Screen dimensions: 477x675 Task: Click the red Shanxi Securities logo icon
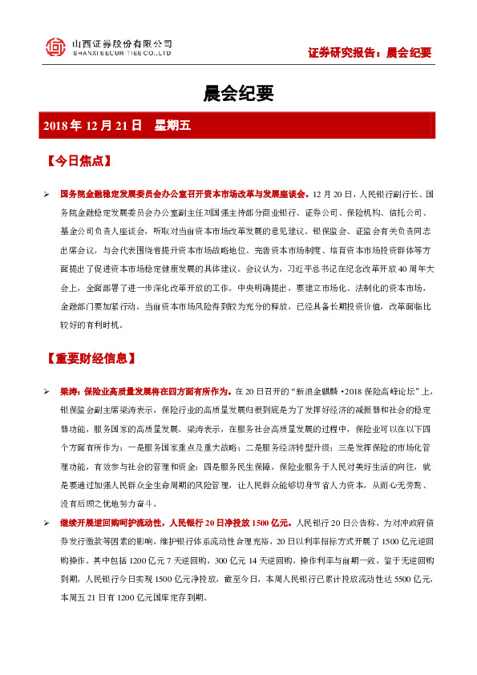[x=55, y=47]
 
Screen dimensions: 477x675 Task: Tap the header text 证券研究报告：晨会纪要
[x=370, y=53]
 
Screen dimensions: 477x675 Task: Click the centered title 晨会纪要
[x=238, y=94]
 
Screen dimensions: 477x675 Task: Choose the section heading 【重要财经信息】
[x=91, y=358]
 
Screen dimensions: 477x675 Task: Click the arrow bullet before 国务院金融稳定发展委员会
[x=46, y=194]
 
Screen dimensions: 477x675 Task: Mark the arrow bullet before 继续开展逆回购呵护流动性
[x=46, y=523]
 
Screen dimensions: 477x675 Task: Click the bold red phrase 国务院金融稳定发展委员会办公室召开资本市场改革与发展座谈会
[x=186, y=194]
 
